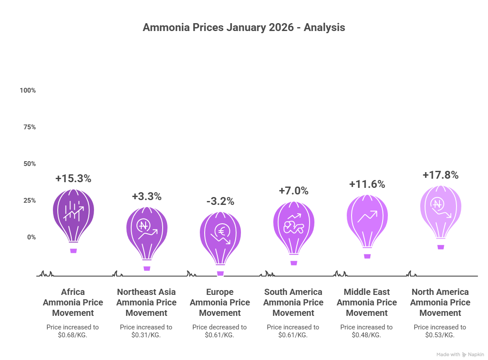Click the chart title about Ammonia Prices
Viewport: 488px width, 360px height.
coord(244,28)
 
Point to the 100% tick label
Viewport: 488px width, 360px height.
coord(28,90)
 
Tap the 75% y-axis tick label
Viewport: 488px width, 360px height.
coord(29,127)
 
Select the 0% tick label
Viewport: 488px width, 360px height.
coord(31,237)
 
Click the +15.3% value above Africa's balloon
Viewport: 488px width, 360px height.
coord(73,179)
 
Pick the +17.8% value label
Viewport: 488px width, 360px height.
coord(440,175)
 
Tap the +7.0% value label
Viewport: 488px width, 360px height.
coord(293,191)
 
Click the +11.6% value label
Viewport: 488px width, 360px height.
coord(367,184)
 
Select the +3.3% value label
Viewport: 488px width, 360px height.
coord(146,197)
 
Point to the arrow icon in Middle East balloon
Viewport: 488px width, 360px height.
coord(367,216)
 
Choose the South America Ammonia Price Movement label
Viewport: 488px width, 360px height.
coord(293,302)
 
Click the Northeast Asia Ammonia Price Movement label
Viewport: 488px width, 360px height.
coord(146,302)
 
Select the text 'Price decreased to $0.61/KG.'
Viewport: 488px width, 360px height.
coord(220,331)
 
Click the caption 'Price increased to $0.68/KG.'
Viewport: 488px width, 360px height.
coord(73,331)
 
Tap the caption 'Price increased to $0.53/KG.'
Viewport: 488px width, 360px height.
coord(440,331)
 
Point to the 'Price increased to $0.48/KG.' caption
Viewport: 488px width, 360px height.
coord(366,331)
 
